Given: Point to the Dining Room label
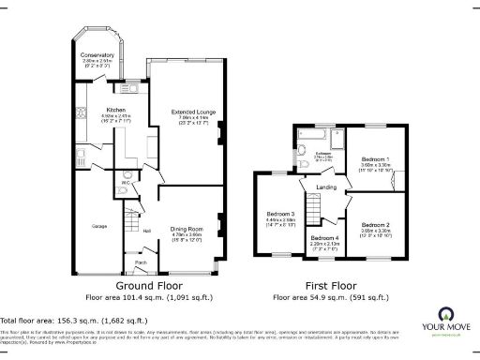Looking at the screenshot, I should [x=188, y=229].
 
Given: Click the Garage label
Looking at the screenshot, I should [x=97, y=226].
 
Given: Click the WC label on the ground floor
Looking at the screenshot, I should [x=125, y=181].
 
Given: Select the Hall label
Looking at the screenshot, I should [x=146, y=229].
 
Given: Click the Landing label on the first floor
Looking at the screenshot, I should [x=326, y=188].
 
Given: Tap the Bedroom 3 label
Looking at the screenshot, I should [x=281, y=215].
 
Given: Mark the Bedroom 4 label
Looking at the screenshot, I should [x=324, y=237].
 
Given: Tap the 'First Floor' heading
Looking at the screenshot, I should [x=329, y=284].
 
